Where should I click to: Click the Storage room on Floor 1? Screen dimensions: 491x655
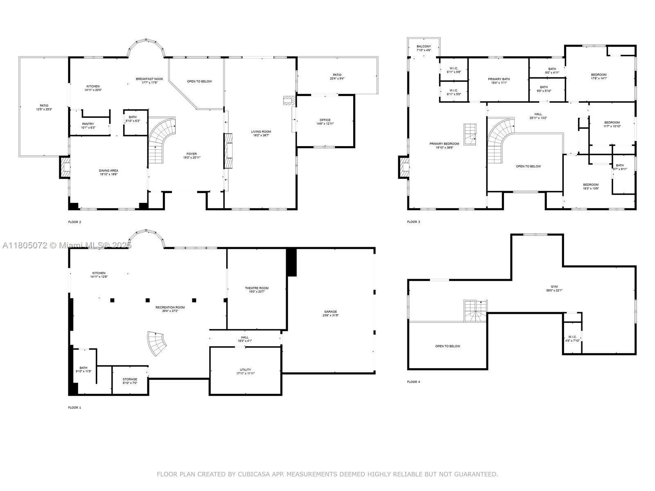click(130, 381)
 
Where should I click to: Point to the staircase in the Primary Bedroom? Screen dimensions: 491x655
click(471, 134)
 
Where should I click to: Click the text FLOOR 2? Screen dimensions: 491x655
click(75, 222)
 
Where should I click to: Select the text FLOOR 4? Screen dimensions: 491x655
click(413, 382)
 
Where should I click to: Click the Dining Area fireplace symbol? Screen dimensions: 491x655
click(65, 167)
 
